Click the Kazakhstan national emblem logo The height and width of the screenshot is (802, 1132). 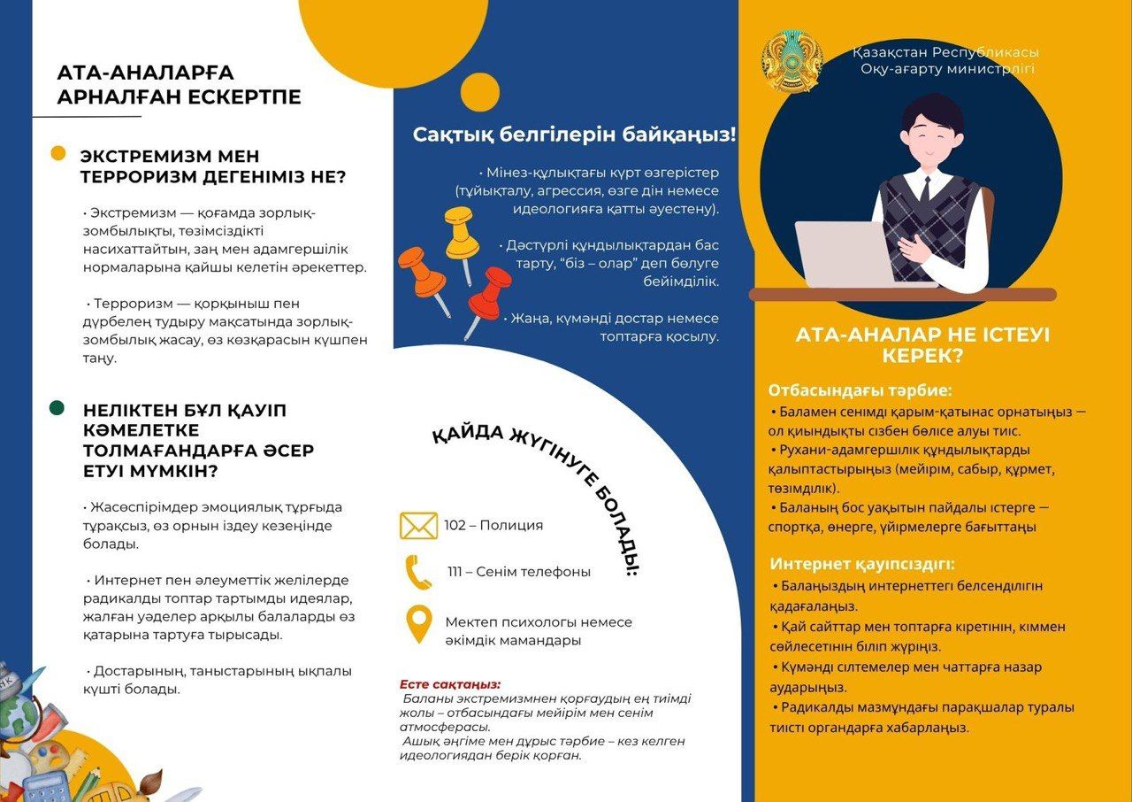(792, 62)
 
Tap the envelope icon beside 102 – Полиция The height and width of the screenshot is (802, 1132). (418, 525)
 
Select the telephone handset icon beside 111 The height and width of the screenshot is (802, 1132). (418, 572)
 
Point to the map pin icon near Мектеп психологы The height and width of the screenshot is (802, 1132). (418, 623)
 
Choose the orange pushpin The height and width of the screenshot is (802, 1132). (423, 275)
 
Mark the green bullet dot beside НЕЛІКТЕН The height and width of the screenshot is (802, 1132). (57, 408)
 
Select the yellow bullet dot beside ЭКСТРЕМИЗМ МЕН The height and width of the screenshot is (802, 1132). (57, 154)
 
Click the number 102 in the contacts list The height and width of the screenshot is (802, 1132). (455, 526)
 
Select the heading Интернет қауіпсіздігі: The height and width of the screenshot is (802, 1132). (862, 564)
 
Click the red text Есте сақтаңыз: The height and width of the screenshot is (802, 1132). (449, 684)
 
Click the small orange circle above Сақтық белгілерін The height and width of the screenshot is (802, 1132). (480, 92)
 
